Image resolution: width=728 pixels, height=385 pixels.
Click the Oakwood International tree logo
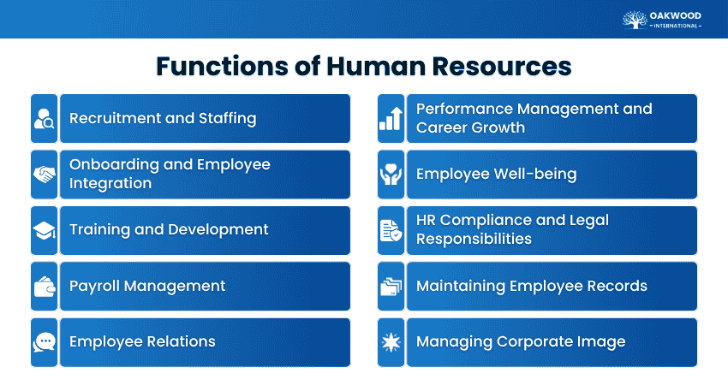tap(635, 19)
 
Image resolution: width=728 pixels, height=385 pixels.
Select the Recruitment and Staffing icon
tap(44, 118)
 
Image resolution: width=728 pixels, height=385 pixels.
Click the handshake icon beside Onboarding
tap(44, 175)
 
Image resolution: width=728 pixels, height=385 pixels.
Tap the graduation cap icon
tap(44, 230)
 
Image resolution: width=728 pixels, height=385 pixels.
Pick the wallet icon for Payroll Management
tap(44, 287)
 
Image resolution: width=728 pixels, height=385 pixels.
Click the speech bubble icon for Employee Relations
tap(44, 342)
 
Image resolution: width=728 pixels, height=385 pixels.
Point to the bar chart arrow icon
tap(391, 118)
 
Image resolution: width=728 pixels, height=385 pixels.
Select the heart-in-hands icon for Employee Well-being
tap(391, 175)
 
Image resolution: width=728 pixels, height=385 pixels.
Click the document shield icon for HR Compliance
tap(391, 230)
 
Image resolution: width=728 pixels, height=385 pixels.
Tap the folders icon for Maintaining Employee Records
tap(391, 287)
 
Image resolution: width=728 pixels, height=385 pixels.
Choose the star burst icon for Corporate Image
tap(391, 342)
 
